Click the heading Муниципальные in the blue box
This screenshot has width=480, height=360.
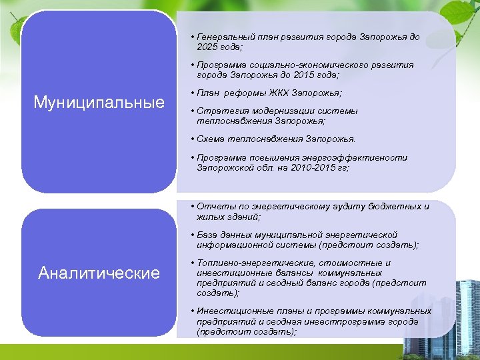tap(99, 103)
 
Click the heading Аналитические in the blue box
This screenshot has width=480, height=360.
tap(99, 273)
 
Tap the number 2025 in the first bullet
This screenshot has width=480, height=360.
tap(209, 47)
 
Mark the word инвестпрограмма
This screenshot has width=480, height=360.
tap(341, 321)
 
